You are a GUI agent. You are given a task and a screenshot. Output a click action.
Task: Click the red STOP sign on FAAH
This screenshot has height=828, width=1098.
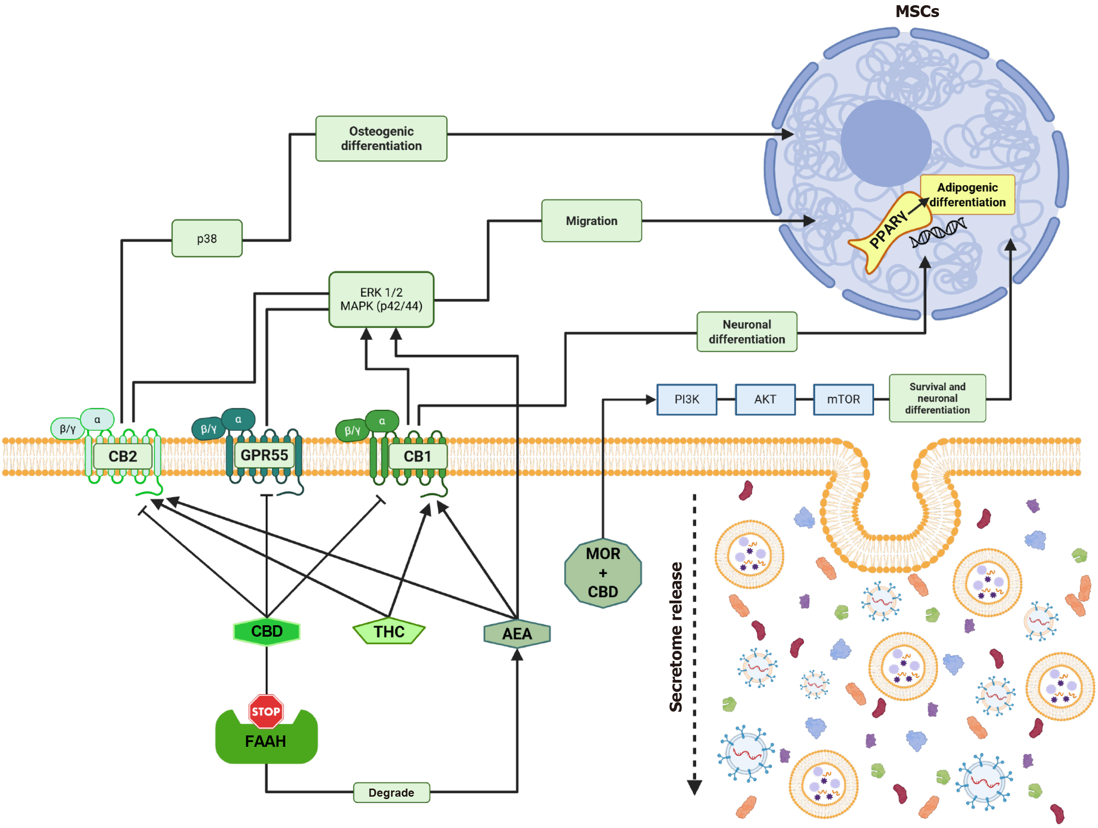pyautogui.click(x=266, y=711)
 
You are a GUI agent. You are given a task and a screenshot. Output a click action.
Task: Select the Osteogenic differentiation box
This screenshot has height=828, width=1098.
pyautogui.click(x=381, y=139)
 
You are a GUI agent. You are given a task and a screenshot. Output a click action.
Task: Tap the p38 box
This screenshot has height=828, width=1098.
pyautogui.click(x=207, y=238)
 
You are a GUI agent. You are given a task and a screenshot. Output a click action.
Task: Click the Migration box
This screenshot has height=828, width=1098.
pyautogui.click(x=591, y=221)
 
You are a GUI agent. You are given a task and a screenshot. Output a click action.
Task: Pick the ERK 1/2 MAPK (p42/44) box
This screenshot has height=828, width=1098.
pyautogui.click(x=381, y=299)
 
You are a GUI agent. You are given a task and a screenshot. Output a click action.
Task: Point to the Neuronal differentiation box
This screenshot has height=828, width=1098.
pyautogui.click(x=746, y=332)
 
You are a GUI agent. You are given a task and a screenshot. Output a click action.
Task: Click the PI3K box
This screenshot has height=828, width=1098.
pyautogui.click(x=687, y=399)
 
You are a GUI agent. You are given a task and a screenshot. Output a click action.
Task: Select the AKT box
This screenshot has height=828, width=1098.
pyautogui.click(x=765, y=399)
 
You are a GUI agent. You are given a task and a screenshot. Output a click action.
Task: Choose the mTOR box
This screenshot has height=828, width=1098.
pyautogui.click(x=843, y=399)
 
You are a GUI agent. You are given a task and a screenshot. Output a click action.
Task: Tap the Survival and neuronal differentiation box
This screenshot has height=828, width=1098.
pyautogui.click(x=937, y=398)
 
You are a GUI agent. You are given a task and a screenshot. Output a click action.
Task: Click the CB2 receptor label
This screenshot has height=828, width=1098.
pyautogui.click(x=122, y=456)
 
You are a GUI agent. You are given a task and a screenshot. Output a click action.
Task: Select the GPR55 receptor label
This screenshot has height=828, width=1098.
pyautogui.click(x=264, y=455)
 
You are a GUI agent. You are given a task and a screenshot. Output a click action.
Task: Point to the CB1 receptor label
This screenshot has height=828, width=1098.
pyautogui.click(x=417, y=456)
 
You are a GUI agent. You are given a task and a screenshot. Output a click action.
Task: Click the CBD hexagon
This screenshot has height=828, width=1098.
pyautogui.click(x=267, y=631)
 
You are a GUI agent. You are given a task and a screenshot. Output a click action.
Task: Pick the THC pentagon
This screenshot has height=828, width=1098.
pyautogui.click(x=389, y=632)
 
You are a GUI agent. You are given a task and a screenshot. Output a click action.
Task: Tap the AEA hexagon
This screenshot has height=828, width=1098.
pyautogui.click(x=517, y=634)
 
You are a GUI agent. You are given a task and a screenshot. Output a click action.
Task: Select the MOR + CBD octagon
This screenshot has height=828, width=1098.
pyautogui.click(x=603, y=573)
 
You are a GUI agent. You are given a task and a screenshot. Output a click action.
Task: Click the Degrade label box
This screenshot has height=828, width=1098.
pyautogui.click(x=391, y=793)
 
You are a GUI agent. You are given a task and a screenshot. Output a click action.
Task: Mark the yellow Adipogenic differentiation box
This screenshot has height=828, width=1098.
pyautogui.click(x=967, y=195)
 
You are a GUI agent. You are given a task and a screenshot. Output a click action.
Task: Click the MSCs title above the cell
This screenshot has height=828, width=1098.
pyautogui.click(x=917, y=11)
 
